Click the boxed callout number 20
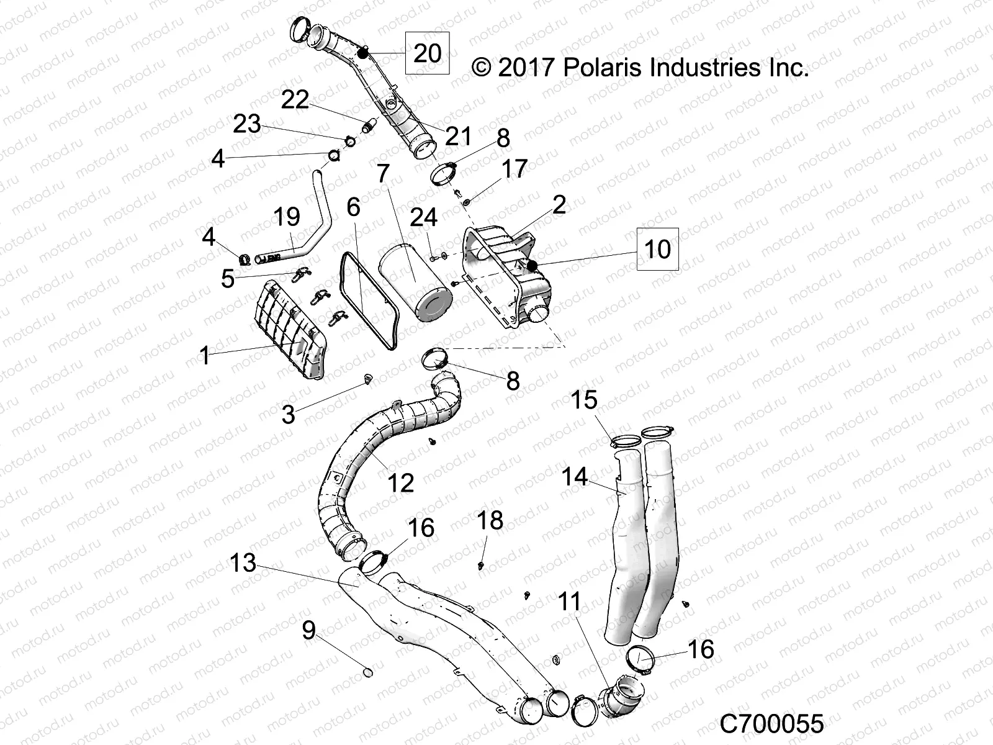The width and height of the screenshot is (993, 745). (x=427, y=53)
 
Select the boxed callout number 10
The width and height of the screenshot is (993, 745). (x=658, y=249)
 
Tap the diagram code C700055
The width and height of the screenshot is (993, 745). (x=771, y=724)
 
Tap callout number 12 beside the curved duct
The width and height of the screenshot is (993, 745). (x=400, y=482)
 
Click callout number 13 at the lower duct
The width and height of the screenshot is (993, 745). (x=243, y=563)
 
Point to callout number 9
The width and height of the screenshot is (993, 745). (x=308, y=630)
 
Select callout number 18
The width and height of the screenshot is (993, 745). (x=489, y=520)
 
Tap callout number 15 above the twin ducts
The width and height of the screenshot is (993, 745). (x=583, y=400)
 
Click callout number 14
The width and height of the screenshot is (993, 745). (x=574, y=477)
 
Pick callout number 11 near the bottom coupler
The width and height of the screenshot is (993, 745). (x=569, y=602)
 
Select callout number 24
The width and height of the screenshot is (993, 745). (x=424, y=217)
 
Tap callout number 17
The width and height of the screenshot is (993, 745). (x=514, y=168)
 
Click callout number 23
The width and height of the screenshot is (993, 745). (x=246, y=124)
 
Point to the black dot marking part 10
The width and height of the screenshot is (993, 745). (x=532, y=266)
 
